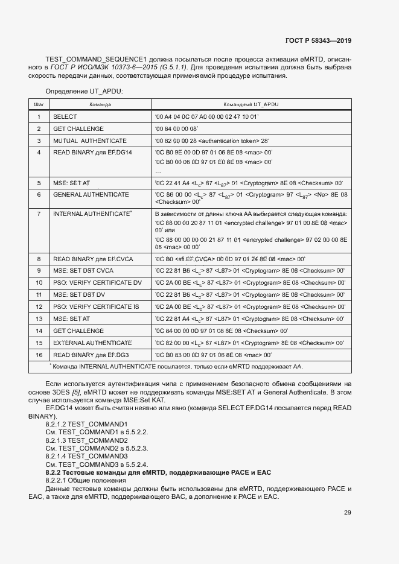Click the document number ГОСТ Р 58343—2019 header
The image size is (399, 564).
[x=318, y=41]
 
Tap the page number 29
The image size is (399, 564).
[x=347, y=513]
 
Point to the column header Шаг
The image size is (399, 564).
[x=38, y=104]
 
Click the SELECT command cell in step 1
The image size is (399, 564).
[x=65, y=116]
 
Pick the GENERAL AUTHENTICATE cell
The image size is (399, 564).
[x=91, y=194]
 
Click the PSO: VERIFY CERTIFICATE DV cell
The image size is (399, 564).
[x=97, y=282]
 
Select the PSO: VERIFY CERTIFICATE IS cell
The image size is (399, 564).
[x=96, y=306]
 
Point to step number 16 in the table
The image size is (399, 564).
[x=38, y=355]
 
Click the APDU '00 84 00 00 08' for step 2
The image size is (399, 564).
[x=180, y=128]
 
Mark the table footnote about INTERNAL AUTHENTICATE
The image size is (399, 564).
[x=177, y=366]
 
